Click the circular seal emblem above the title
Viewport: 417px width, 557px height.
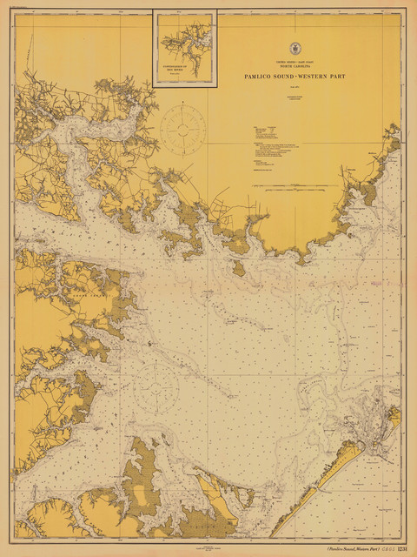pos(298,50)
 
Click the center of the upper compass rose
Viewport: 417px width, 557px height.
pos(184,130)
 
